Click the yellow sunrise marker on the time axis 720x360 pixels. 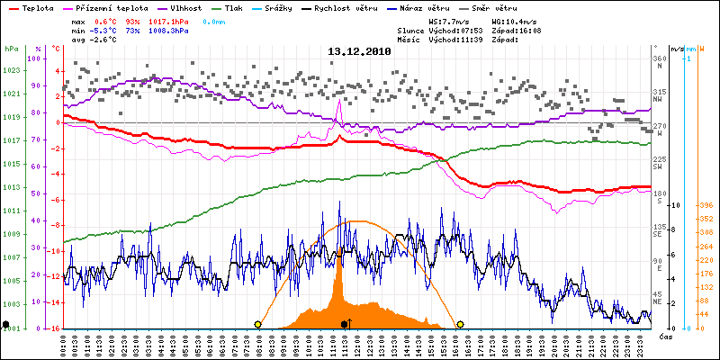[x=258, y=324]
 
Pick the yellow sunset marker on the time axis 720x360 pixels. [x=460, y=324]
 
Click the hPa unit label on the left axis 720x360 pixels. [x=11, y=49]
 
